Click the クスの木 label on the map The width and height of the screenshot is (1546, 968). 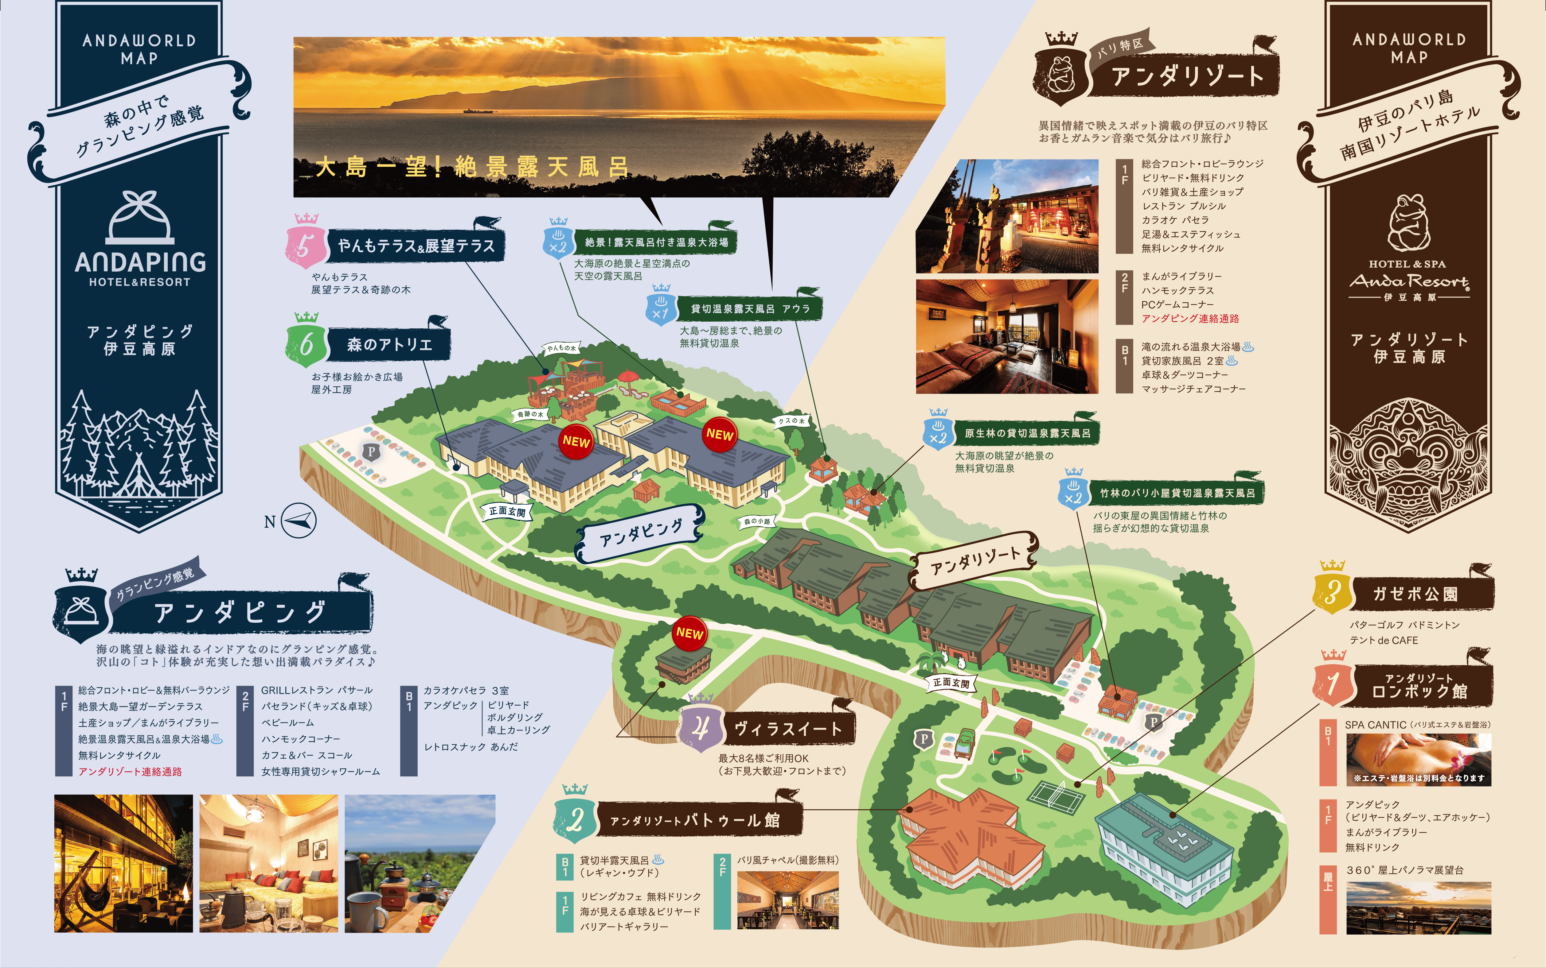[791, 420]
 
